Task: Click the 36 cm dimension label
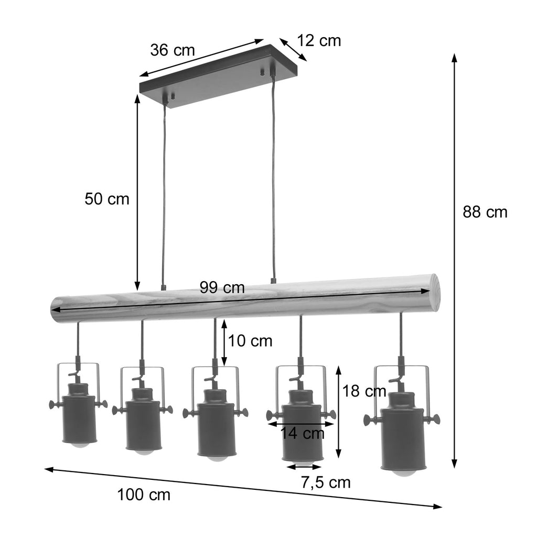tap(172, 50)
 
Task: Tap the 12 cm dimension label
tap(319, 41)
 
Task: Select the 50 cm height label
tap(107, 199)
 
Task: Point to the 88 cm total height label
tap(485, 212)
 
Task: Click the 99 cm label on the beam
tap(222, 287)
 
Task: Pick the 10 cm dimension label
tap(250, 341)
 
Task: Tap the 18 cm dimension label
tap(364, 391)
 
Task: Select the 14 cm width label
tap(303, 433)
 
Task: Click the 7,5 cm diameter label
tap(326, 482)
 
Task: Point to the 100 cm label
tap(144, 495)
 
